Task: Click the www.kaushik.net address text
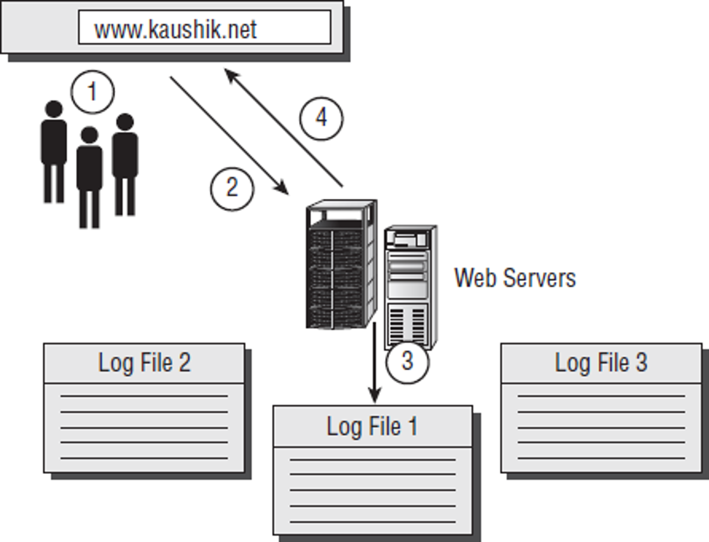(175, 29)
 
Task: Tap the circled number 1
(92, 92)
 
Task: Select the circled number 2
(232, 188)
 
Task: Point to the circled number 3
(407, 361)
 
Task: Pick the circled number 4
(321, 118)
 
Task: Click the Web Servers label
(515, 277)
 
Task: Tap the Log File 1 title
(372, 426)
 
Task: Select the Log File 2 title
(144, 363)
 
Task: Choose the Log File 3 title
(601, 363)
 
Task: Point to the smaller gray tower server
(409, 286)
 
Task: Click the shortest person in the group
(90, 177)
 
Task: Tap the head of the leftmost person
(54, 109)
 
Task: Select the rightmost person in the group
(125, 165)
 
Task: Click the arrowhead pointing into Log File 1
(374, 396)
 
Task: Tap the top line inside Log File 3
(601, 396)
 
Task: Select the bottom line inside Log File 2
(144, 458)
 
